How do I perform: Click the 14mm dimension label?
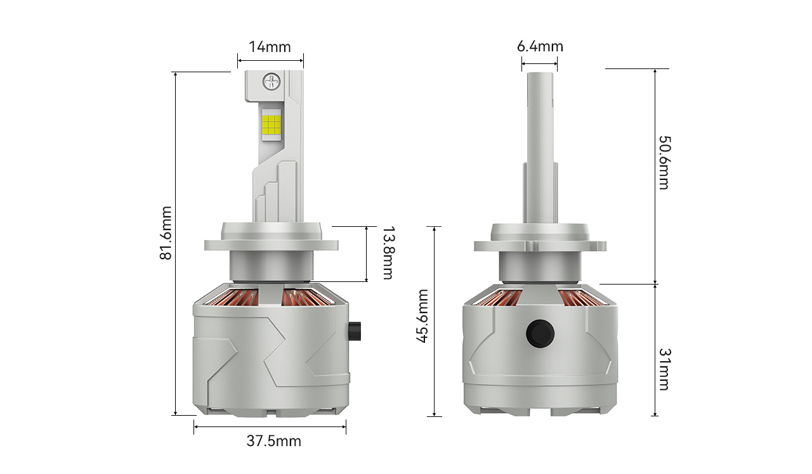click(270, 47)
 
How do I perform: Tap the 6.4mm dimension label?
click(540, 46)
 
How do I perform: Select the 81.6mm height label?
click(166, 233)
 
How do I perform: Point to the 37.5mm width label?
click(273, 441)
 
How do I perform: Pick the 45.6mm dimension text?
click(422, 316)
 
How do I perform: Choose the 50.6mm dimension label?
click(664, 163)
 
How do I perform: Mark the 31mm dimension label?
click(664, 369)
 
